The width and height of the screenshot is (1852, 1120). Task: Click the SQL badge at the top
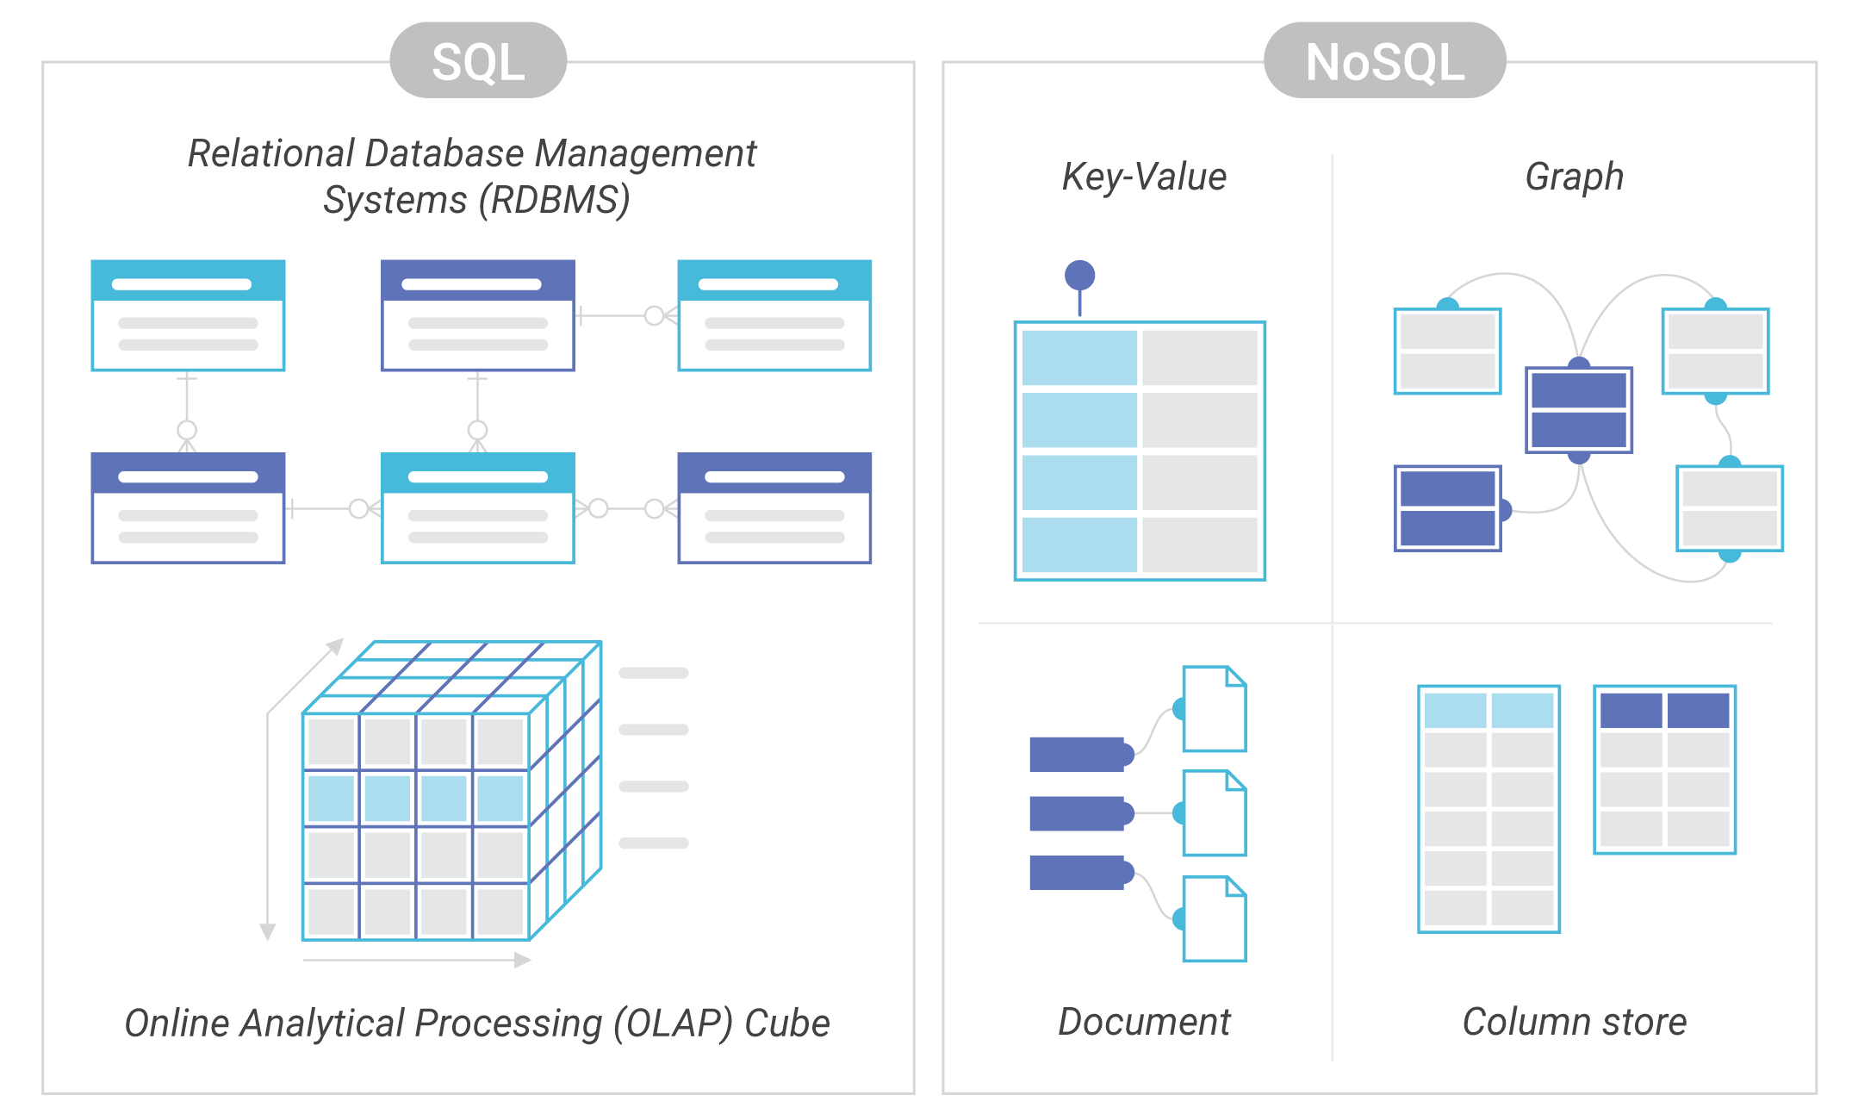tap(478, 61)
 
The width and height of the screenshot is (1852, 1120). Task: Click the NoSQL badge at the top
tap(1384, 61)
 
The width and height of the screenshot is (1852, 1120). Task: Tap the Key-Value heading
tap(1144, 177)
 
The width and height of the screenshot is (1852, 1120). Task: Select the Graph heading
tap(1574, 177)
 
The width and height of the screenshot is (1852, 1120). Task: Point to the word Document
tap(1144, 1022)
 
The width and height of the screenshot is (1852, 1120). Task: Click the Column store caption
tap(1574, 1022)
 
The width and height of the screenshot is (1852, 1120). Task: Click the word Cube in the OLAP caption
tap(786, 1024)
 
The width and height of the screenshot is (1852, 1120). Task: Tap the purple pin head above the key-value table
tap(1079, 276)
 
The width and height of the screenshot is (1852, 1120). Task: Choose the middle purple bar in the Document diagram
tap(1078, 813)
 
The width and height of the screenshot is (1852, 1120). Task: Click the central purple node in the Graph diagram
tap(1578, 410)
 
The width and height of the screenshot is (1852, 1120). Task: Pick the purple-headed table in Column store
tap(1664, 769)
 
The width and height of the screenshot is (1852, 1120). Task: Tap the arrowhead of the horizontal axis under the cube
tap(522, 960)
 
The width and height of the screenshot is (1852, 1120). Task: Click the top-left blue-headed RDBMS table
tap(188, 315)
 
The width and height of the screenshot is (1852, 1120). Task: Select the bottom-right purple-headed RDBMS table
tap(774, 507)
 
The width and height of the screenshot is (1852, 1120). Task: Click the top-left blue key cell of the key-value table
tap(1078, 358)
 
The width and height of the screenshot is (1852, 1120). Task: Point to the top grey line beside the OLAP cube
tap(653, 673)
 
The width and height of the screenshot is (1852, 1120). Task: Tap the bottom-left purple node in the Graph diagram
tap(1447, 508)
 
